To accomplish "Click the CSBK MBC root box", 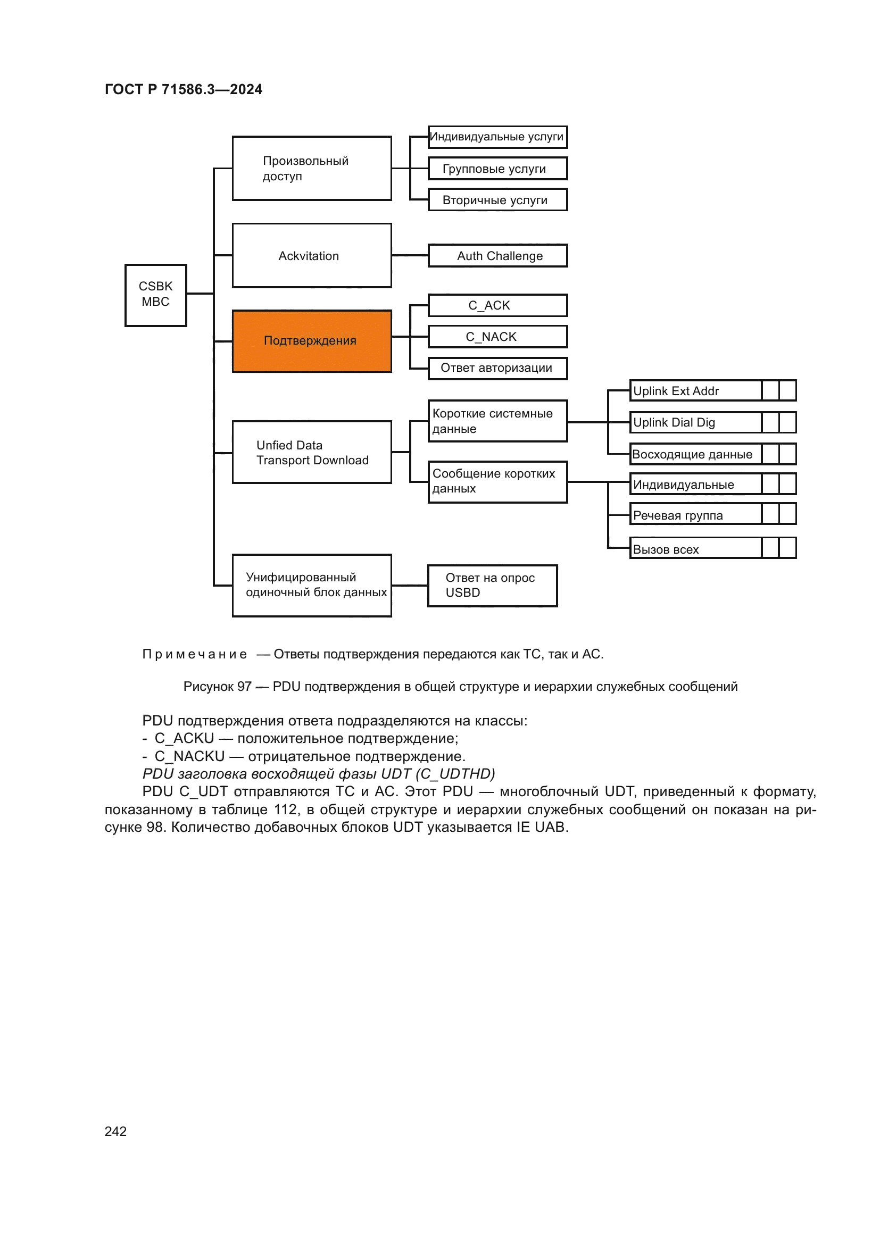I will click(x=155, y=295).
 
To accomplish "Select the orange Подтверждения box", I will click(x=312, y=341).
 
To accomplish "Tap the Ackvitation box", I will click(x=312, y=255).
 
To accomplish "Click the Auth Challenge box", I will click(x=497, y=256).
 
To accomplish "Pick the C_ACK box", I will click(x=497, y=306).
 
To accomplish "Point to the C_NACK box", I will click(x=497, y=337).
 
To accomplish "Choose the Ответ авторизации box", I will click(x=497, y=369).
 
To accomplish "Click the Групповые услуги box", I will click(x=497, y=169).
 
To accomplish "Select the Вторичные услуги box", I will click(x=497, y=200).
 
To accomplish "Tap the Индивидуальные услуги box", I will click(x=497, y=137).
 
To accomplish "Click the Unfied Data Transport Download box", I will click(x=312, y=452).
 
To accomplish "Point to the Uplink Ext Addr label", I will click(x=676, y=391).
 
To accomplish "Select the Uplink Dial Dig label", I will click(x=674, y=423).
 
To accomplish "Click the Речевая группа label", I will click(x=678, y=515).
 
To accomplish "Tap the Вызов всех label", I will click(x=666, y=549).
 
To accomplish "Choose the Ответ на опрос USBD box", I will click(x=492, y=586).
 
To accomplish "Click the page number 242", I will click(x=115, y=1131).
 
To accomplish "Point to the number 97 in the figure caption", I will click(x=244, y=687).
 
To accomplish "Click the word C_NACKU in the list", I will click(x=189, y=756).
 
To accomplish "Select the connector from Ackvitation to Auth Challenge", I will click(x=410, y=255).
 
